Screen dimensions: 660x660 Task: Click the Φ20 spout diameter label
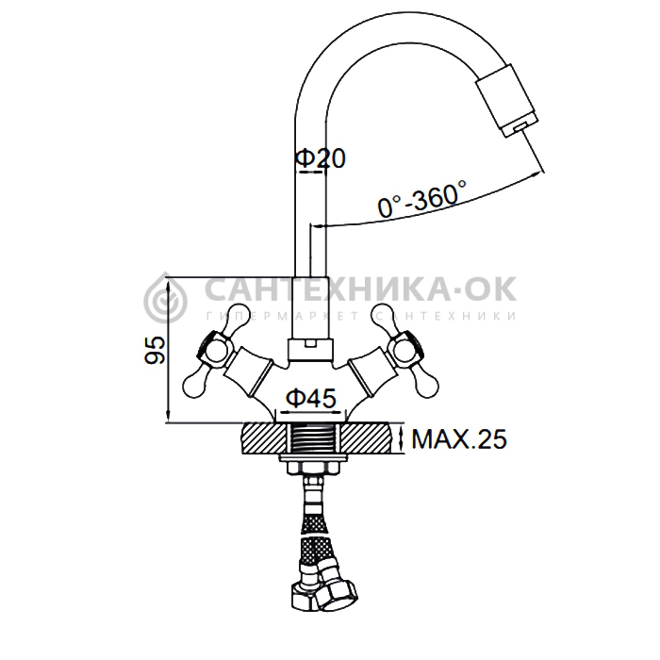[320, 158]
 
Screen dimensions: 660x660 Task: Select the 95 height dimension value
[156, 350]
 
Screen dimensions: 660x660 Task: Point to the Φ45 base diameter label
[311, 398]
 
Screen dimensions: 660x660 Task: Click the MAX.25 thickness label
[459, 438]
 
